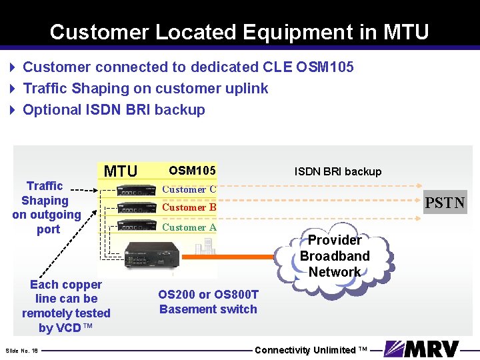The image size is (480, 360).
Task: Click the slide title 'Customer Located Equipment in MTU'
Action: tap(239, 31)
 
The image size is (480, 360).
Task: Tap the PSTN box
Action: tap(445, 202)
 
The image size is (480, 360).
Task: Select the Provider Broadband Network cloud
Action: tap(334, 256)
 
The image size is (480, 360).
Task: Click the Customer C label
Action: tap(189, 189)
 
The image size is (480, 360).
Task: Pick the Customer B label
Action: tap(189, 207)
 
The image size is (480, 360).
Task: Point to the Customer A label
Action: tap(189, 227)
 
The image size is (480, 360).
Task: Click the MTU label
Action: tap(121, 171)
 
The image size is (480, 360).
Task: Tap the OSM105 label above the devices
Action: tap(192, 171)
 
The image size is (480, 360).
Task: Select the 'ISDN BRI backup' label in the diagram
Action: tap(338, 171)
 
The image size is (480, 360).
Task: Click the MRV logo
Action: tap(422, 349)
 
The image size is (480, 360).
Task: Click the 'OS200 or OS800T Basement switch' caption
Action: tap(208, 301)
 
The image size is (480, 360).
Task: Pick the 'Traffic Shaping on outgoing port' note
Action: tap(46, 207)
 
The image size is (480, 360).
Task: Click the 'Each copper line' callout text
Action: tap(66, 306)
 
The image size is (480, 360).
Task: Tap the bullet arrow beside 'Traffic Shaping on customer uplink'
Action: tap(13, 89)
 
